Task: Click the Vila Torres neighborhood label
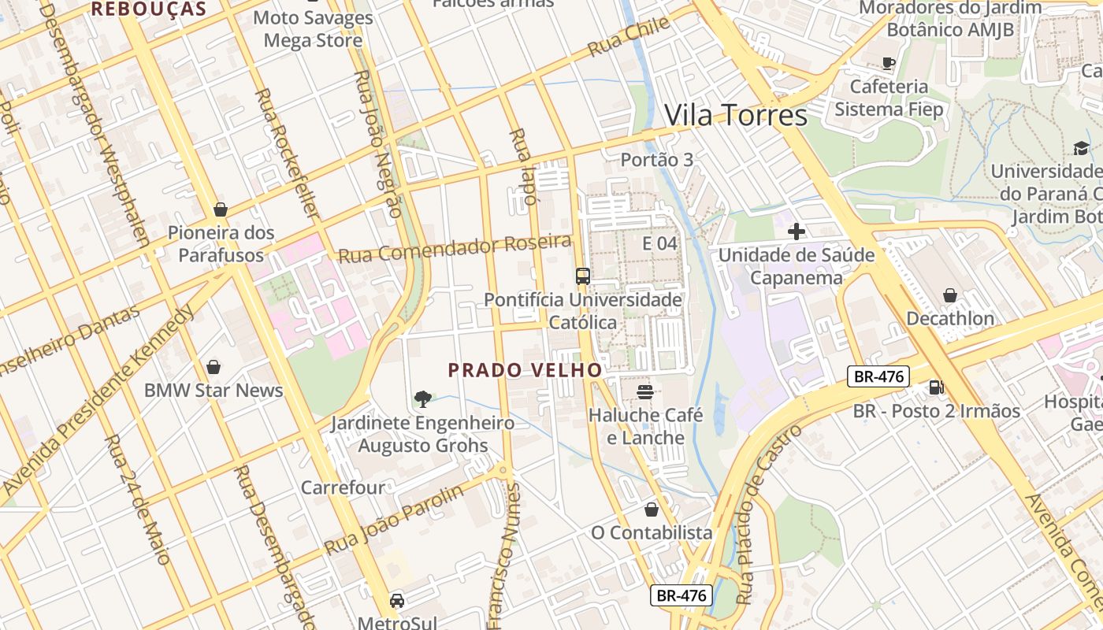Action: (736, 116)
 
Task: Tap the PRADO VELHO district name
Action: (525, 369)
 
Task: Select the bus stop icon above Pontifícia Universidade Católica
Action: (582, 276)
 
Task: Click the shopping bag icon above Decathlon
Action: (949, 295)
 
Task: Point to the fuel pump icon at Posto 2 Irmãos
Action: (936, 387)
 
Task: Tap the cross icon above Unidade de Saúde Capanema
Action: (797, 232)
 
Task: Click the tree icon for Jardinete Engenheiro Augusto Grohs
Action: (423, 398)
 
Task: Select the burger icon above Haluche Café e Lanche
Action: (645, 391)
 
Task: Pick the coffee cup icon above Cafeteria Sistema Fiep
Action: (889, 63)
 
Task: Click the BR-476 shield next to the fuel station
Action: (878, 376)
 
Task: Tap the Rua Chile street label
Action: (628, 37)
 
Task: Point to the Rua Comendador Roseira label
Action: (454, 249)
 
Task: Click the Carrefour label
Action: (344, 487)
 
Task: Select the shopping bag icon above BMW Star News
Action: (213, 367)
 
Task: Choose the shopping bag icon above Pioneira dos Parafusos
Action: (221, 209)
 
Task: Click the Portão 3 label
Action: (657, 160)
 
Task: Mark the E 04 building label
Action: (659, 243)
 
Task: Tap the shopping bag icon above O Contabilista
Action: (652, 510)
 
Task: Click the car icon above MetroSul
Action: (397, 601)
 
